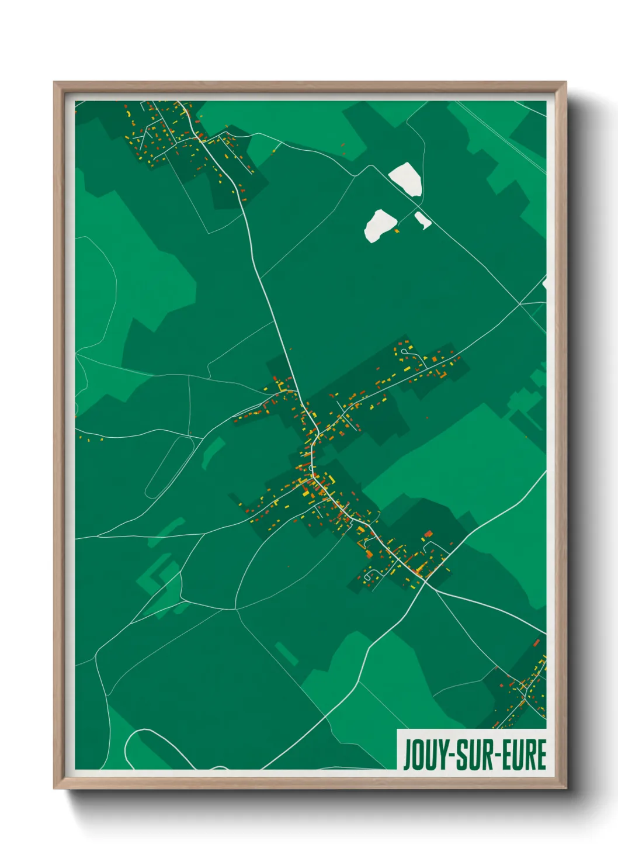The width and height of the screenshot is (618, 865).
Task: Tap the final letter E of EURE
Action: pos(540,755)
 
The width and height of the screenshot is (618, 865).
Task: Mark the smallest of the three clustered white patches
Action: pos(422,220)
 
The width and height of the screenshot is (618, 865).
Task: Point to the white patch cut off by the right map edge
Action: pos(545,284)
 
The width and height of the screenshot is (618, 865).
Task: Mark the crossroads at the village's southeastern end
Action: pos(427,582)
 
